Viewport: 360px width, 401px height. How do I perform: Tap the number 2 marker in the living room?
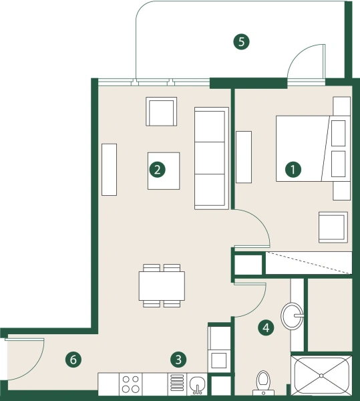tap(157, 170)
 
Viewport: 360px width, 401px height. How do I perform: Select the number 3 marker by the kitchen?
tap(178, 360)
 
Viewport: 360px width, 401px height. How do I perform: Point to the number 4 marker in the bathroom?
tap(266, 327)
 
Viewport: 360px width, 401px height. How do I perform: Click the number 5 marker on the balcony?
tap(242, 41)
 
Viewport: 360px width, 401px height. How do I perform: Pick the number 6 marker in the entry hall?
tap(74, 360)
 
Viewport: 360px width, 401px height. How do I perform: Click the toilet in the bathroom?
tap(264, 382)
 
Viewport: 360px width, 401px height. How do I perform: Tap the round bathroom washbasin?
tap(293, 315)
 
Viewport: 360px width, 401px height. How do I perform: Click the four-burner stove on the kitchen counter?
tap(131, 384)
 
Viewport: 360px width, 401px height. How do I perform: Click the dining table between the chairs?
tap(162, 286)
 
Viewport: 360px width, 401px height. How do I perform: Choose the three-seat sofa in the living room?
tap(209, 158)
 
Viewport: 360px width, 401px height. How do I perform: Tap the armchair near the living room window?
tap(162, 112)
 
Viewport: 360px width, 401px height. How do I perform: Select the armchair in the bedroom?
tap(333, 227)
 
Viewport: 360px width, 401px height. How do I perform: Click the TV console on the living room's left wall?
tap(109, 169)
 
